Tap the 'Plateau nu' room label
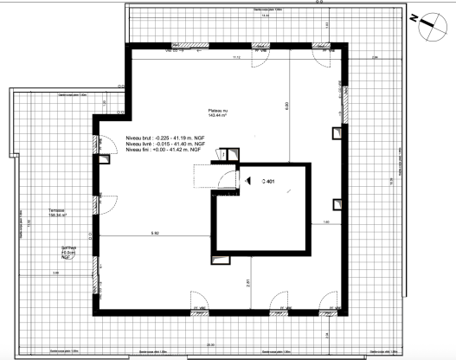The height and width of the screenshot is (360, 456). coord(218,112)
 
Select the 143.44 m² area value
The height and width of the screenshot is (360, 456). coord(218,119)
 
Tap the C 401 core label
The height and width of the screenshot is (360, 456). coord(268,182)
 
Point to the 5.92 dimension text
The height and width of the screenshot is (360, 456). coord(156,235)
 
